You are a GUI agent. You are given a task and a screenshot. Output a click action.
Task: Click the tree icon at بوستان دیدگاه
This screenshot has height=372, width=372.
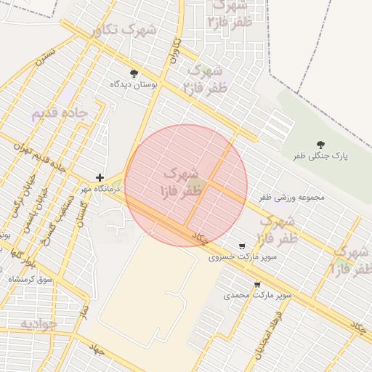134,73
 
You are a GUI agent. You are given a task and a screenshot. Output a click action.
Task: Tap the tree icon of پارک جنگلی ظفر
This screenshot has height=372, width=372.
321,145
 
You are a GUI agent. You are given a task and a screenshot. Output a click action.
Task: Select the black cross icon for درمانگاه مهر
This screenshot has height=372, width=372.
100,177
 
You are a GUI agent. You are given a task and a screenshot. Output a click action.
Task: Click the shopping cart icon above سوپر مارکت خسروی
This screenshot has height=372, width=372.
241,246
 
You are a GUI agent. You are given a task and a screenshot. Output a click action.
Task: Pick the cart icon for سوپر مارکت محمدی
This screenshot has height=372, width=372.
256,284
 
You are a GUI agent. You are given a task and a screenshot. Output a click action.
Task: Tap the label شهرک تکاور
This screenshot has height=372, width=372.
125,30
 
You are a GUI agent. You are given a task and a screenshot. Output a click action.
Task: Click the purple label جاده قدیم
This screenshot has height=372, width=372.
60,114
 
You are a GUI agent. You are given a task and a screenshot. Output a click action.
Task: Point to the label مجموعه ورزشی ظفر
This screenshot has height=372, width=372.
291,196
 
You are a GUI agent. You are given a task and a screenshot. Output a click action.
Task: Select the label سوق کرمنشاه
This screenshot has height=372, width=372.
31,279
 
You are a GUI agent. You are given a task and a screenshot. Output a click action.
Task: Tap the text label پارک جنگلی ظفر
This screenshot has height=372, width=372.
321,156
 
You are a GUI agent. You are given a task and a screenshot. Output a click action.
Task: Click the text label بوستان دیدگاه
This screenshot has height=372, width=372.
134,84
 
